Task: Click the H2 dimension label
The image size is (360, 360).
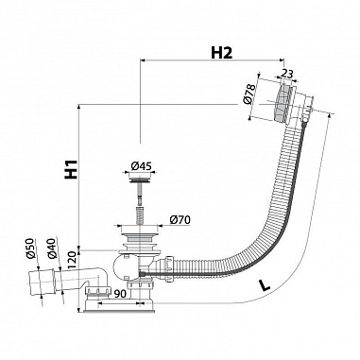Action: coord(221,53)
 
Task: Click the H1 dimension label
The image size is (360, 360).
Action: coord(71,169)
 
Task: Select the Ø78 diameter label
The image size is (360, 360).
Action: coord(249,94)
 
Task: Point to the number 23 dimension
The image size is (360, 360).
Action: coord(286,75)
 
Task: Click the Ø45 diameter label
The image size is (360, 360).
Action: coord(142,165)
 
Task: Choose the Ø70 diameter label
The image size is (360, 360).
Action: coord(180,219)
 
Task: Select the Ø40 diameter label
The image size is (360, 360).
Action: coord(52,249)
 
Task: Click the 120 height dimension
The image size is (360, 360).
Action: coord(71,260)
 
